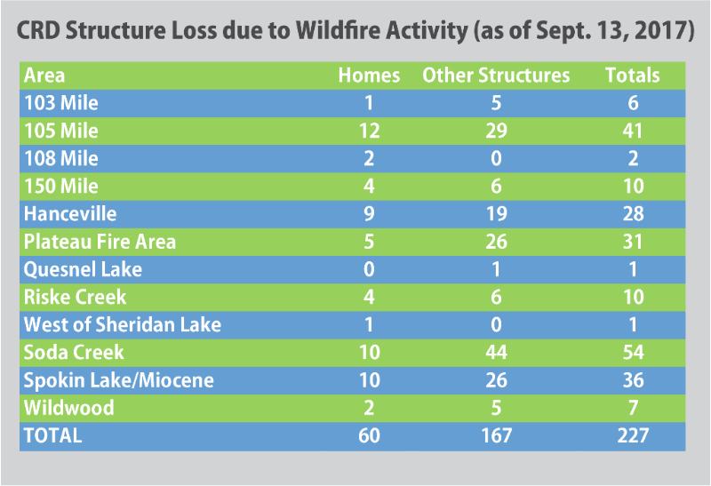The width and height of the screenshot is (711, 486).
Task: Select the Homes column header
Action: (369, 76)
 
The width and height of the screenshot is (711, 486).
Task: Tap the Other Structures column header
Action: (496, 76)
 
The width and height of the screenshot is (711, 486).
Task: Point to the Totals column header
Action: (633, 76)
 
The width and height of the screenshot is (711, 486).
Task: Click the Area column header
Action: (44, 76)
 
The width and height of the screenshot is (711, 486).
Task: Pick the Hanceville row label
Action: (70, 214)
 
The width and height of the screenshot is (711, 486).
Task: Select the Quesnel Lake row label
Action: (83, 269)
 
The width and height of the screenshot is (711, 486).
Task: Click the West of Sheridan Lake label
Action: (123, 324)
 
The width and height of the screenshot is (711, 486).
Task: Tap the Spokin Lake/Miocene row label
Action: (119, 380)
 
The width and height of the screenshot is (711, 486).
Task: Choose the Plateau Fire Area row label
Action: (100, 242)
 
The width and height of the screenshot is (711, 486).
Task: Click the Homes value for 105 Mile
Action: (369, 131)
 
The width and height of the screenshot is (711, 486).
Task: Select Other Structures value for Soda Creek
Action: (496, 353)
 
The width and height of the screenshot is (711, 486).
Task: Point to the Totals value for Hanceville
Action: (633, 214)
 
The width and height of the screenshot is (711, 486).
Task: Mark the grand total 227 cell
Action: (633, 435)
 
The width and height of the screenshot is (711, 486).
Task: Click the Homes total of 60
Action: (369, 435)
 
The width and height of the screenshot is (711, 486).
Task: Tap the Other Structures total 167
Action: (496, 435)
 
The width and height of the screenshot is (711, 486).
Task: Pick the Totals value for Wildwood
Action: (634, 408)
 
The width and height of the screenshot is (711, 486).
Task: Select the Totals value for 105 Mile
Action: (633, 131)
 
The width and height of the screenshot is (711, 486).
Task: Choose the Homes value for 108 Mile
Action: (369, 159)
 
